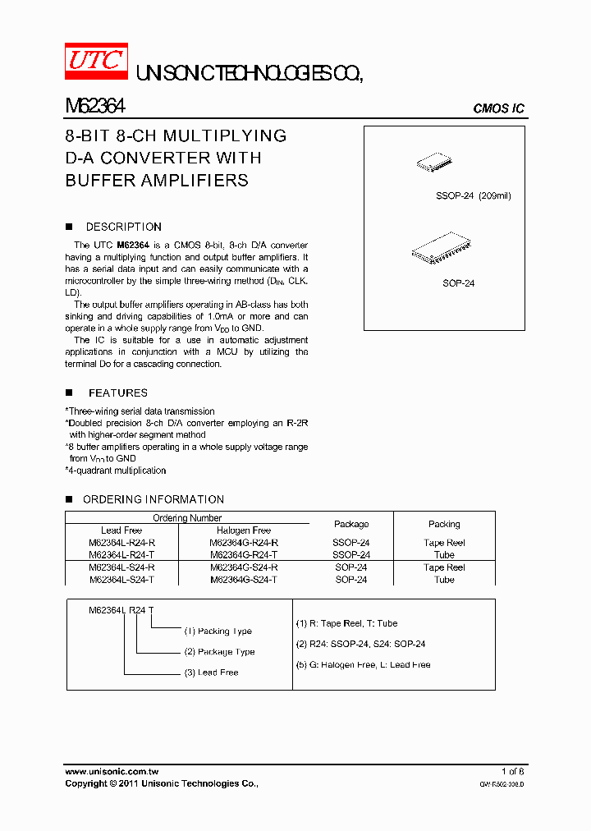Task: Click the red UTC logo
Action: point(96,61)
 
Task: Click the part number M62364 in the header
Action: point(94,107)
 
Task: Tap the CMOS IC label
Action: point(498,109)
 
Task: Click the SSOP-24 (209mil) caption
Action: point(473,196)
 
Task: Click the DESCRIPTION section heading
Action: point(123,227)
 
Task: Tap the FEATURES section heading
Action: point(118,393)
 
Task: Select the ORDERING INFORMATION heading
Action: point(153,499)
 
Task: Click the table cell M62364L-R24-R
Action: point(121,543)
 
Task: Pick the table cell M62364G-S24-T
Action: point(244,580)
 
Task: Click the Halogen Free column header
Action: point(244,530)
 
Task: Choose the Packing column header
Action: point(444,524)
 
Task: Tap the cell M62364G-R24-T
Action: point(244,555)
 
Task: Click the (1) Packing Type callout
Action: point(218,631)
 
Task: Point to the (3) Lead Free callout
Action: point(211,673)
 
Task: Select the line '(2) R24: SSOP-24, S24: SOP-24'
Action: point(360,644)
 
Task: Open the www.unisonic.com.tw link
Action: point(112,772)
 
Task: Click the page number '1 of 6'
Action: point(512,771)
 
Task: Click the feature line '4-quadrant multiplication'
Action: point(116,471)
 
